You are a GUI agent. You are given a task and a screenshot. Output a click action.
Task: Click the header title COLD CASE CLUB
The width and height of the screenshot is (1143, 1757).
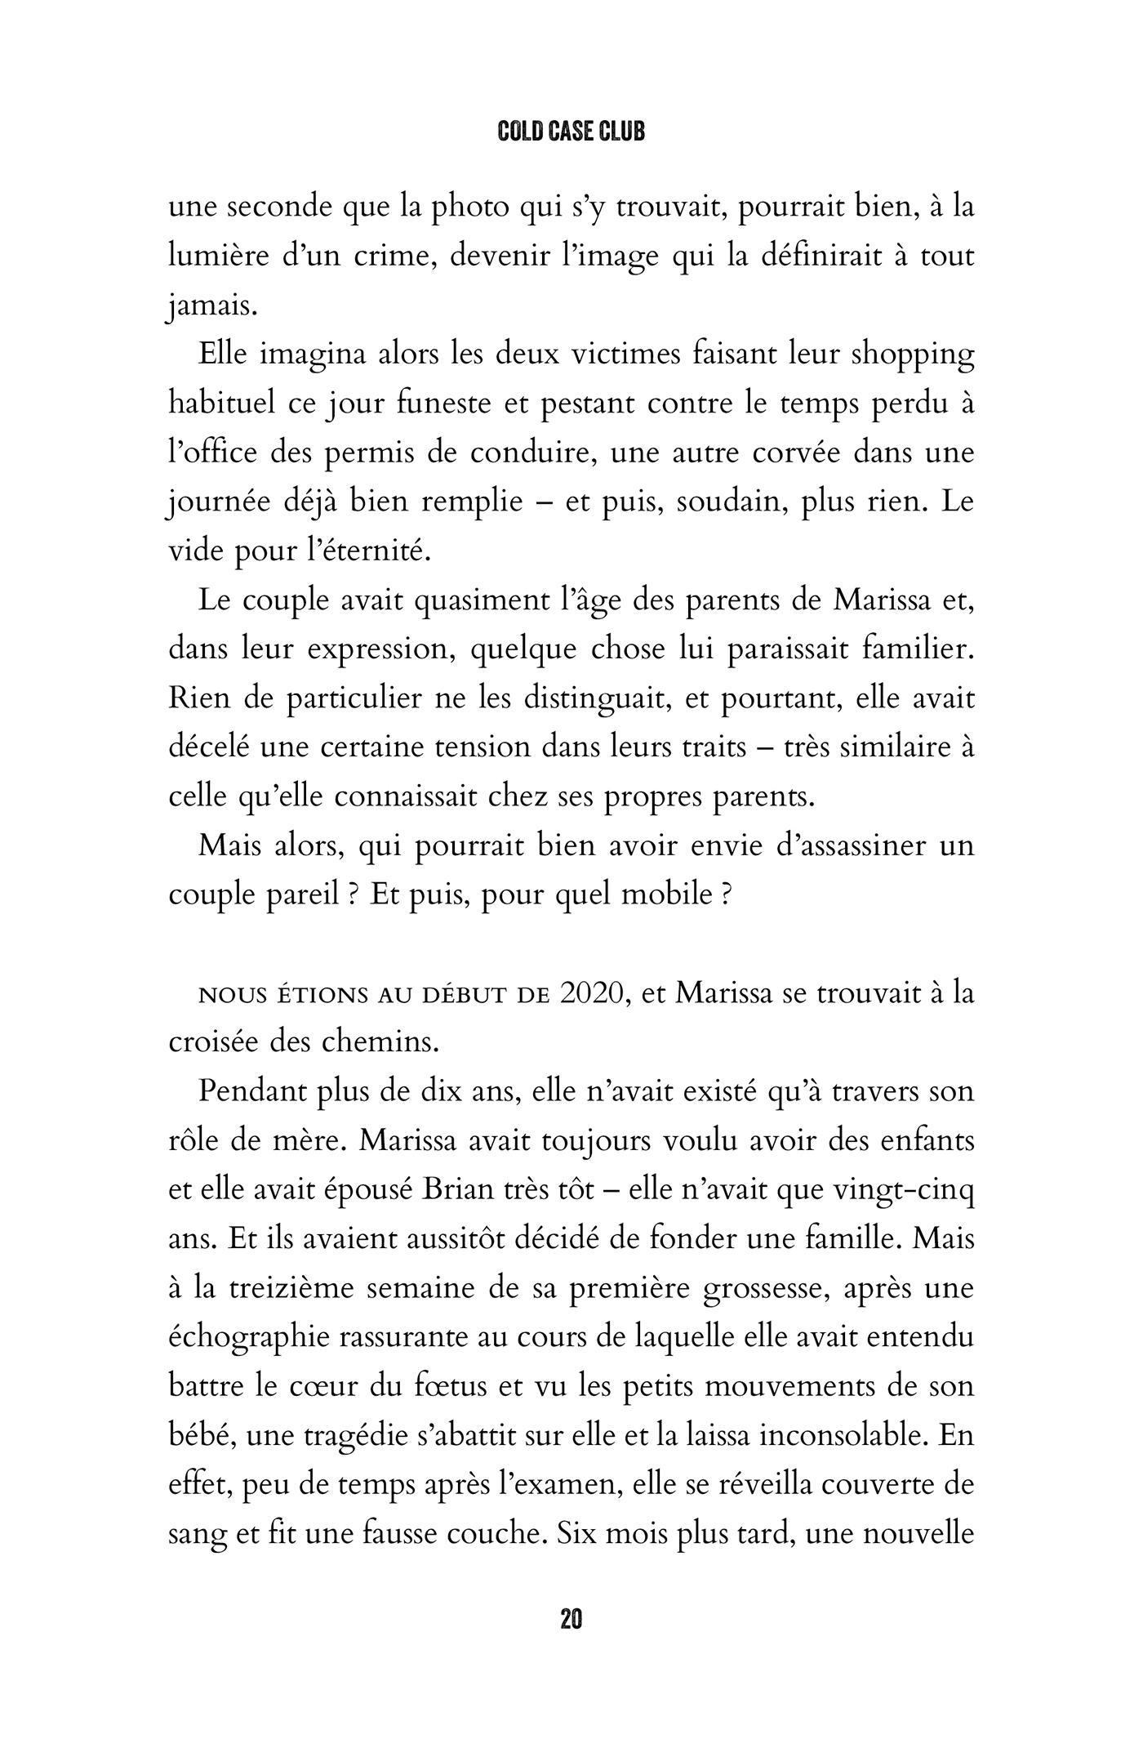coord(571,134)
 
